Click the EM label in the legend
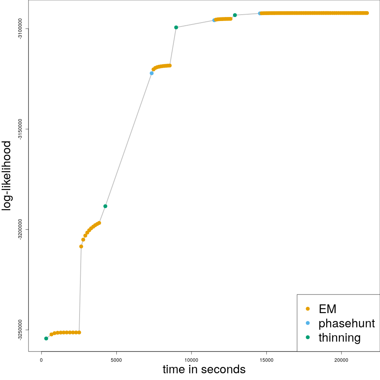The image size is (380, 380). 327,309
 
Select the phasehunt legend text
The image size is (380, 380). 346,323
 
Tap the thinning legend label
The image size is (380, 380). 339,337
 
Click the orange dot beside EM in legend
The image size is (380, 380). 308,309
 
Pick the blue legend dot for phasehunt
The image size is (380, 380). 308,323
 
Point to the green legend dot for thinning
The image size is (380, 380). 308,337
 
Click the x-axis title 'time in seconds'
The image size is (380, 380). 204,369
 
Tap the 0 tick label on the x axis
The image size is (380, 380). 42,360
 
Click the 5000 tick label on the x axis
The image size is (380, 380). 116,360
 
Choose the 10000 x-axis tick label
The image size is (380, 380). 191,360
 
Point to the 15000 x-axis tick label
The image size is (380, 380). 266,360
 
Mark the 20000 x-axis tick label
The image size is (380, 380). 341,360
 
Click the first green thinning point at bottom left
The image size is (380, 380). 46,338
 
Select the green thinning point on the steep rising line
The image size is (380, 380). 105,206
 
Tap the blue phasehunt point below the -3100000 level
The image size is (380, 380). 152,73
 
